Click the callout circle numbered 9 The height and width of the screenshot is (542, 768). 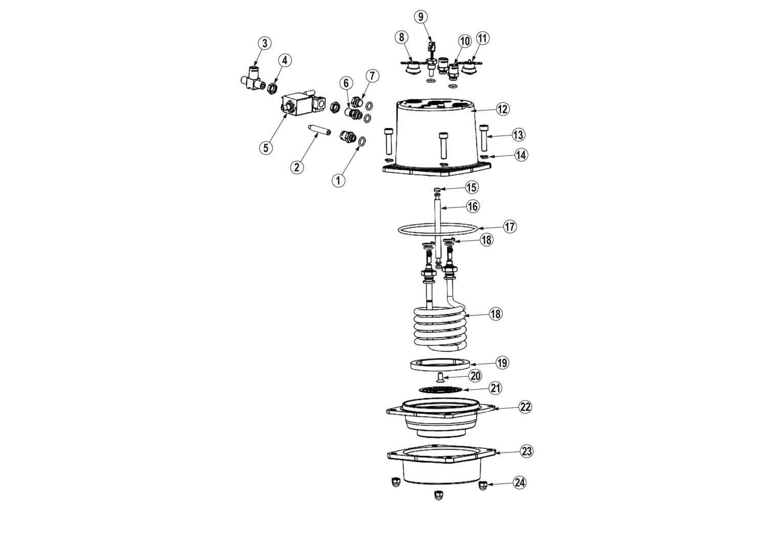(x=421, y=17)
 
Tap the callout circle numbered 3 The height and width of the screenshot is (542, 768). (x=264, y=43)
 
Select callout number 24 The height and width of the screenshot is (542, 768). (x=520, y=483)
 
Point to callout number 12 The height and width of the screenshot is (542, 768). (x=503, y=109)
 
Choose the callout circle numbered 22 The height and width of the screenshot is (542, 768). (x=525, y=407)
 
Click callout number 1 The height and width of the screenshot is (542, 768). (x=338, y=180)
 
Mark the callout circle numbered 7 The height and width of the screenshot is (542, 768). (x=372, y=76)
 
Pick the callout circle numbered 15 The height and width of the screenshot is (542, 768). (x=472, y=187)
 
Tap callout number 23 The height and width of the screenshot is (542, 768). (x=526, y=451)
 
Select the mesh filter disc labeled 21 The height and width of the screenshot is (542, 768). (x=440, y=389)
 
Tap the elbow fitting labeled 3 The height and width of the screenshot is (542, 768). (x=253, y=79)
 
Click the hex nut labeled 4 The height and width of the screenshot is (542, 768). (x=271, y=88)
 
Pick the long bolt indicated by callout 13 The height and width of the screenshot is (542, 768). (x=484, y=138)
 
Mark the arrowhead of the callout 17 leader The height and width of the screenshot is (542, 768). (x=478, y=228)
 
